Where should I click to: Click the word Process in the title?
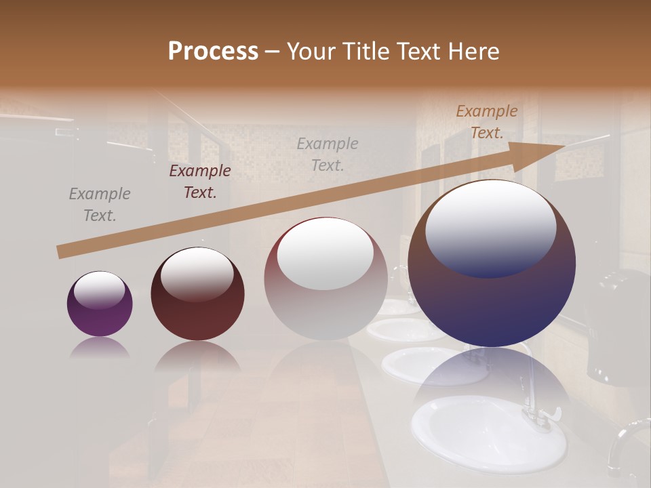click(213, 52)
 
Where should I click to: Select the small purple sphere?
click(100, 304)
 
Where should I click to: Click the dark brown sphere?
click(197, 295)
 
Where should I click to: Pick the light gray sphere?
click(325, 279)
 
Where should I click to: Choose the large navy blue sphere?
click(492, 264)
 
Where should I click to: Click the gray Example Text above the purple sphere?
click(100, 205)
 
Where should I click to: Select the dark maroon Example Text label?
click(200, 182)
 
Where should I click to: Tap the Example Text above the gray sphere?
click(328, 154)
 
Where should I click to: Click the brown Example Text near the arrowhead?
click(487, 122)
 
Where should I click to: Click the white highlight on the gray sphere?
click(325, 252)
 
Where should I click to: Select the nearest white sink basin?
click(488, 434)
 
